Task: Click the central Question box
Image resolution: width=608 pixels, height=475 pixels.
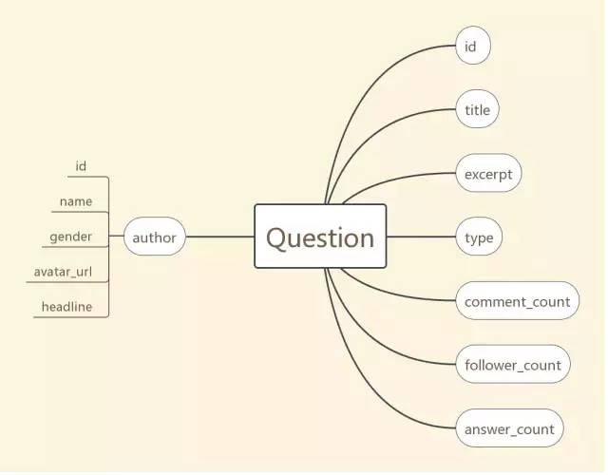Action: (x=320, y=237)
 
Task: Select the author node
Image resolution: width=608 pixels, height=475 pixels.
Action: (x=154, y=237)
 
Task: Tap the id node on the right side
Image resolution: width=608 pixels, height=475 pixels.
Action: (x=472, y=46)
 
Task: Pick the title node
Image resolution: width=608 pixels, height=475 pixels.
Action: (x=477, y=110)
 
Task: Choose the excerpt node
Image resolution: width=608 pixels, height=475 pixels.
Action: (x=488, y=175)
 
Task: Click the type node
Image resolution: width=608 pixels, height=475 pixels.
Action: (x=479, y=237)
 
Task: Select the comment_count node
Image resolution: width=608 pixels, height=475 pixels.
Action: (x=517, y=302)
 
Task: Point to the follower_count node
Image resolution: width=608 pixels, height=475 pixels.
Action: (x=513, y=365)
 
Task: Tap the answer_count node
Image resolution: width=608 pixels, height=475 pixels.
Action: (x=509, y=428)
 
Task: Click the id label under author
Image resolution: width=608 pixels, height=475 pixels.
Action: (x=81, y=166)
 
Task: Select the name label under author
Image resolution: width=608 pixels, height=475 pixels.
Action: (x=76, y=201)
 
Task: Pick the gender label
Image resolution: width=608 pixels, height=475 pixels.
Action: (x=71, y=236)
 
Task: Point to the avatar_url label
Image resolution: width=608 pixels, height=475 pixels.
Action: (x=69, y=272)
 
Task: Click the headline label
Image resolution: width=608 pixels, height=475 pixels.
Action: (x=66, y=307)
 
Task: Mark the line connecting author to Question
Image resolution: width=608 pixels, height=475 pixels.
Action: (x=219, y=237)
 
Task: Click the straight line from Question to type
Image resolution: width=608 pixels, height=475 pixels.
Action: (x=421, y=237)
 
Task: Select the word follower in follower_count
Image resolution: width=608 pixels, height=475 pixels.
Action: (x=492, y=365)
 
